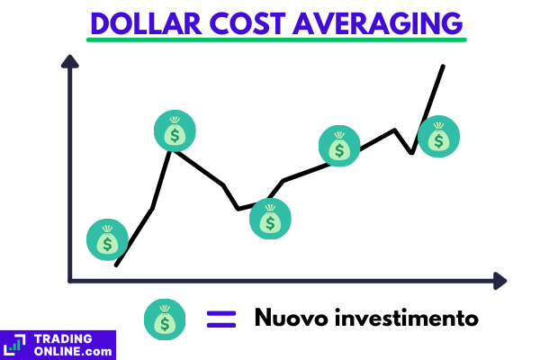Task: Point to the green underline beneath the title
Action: pyautogui.click(x=277, y=40)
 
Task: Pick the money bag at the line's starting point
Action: pyautogui.click(x=108, y=240)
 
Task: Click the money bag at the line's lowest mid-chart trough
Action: pyautogui.click(x=271, y=219)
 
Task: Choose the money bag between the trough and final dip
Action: pyautogui.click(x=340, y=147)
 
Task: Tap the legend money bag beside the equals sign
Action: pyautogui.click(x=164, y=319)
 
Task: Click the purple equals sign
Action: pyautogui.click(x=220, y=319)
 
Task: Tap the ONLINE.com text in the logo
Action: pyautogui.click(x=73, y=350)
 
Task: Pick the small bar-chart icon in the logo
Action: pyautogui.click(x=15, y=343)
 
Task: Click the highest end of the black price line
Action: pyautogui.click(x=443, y=66)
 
